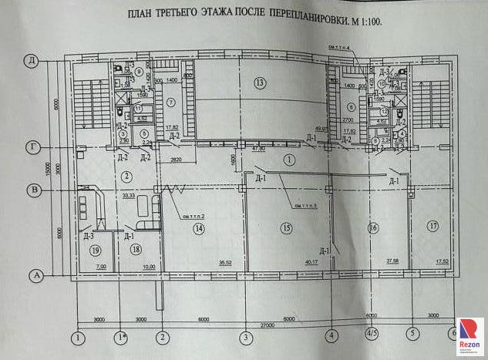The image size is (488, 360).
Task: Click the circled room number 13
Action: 260,82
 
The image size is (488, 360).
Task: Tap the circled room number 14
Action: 199,229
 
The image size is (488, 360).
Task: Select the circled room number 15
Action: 286,228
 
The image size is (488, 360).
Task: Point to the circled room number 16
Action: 373,228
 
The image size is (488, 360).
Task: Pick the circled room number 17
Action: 433,226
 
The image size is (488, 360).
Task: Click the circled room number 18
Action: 136,249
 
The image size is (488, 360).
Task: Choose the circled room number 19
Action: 95,250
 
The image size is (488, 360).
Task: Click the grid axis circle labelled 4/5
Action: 372,335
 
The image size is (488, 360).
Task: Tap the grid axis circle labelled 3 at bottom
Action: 245,336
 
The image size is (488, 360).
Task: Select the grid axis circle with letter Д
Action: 32,59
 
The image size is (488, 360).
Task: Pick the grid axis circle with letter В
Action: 33,189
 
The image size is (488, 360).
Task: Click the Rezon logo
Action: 469,335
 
